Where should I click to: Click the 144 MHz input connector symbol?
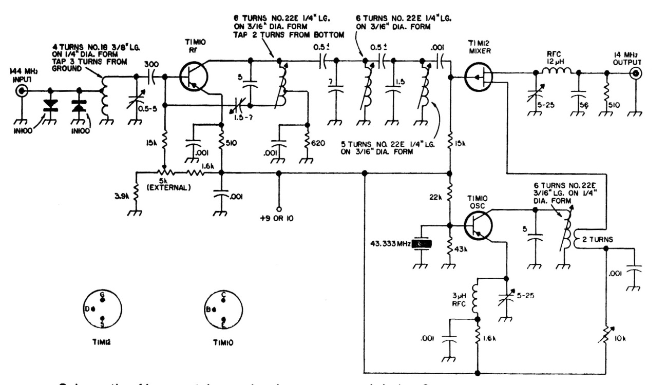pyautogui.click(x=22, y=92)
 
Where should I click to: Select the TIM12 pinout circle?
pyautogui.click(x=103, y=311)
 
